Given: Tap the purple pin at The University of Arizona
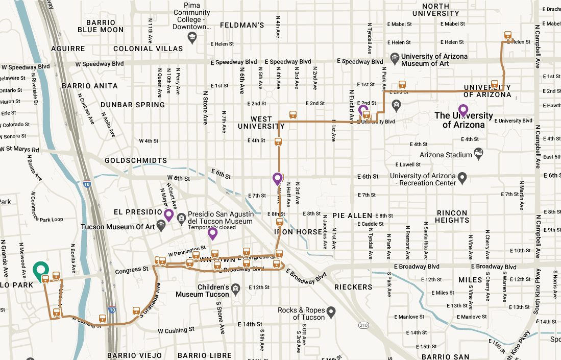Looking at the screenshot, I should pyautogui.click(x=463, y=110).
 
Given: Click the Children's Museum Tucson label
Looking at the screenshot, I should pyautogui.click(x=202, y=291).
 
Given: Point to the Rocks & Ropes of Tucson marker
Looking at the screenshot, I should pyautogui.click(x=331, y=311).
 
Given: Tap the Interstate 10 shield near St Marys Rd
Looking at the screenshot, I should pyautogui.click(x=87, y=183).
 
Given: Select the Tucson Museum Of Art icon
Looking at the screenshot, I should pyautogui.click(x=161, y=225).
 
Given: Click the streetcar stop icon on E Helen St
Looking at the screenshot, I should pyautogui.click(x=508, y=36).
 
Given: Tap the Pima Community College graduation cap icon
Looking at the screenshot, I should pyautogui.click(x=191, y=37).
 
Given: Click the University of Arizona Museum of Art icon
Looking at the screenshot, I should pyautogui.click(x=394, y=59).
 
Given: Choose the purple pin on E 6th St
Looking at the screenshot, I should pyautogui.click(x=278, y=178).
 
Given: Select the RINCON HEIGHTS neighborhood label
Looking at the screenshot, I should pyautogui.click(x=452, y=217).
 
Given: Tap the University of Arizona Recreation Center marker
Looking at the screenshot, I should pyautogui.click(x=462, y=179).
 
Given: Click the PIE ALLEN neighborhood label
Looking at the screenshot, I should pyautogui.click(x=352, y=215).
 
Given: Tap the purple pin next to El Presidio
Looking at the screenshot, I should pyautogui.click(x=168, y=214).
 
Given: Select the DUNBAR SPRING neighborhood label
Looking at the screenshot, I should pyautogui.click(x=132, y=105).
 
